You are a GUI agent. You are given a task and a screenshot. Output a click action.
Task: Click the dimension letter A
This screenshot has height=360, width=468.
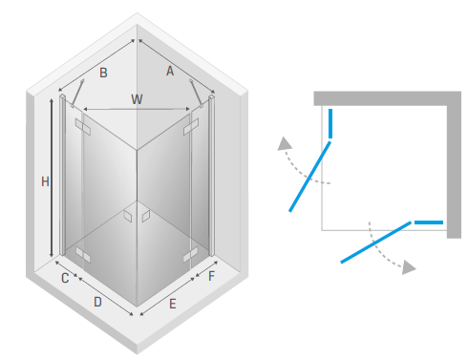pyautogui.click(x=170, y=71)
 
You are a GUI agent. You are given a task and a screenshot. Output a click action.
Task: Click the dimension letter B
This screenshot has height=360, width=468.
pyautogui.click(x=103, y=73)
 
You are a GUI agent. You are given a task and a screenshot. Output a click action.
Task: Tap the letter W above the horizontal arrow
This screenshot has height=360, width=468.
pyautogui.click(x=137, y=99)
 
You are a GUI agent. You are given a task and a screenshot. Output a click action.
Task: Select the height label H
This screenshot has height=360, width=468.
pyautogui.click(x=45, y=181)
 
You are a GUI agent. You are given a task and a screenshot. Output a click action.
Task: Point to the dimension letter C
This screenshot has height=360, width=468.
pyautogui.click(x=65, y=278)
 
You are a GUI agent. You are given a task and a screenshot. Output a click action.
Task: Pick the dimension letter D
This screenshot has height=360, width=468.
pyautogui.click(x=97, y=302)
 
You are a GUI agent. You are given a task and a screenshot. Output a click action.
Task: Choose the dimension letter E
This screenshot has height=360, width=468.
pyautogui.click(x=173, y=304)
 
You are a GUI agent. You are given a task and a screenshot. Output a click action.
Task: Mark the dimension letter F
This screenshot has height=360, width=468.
pyautogui.click(x=211, y=276)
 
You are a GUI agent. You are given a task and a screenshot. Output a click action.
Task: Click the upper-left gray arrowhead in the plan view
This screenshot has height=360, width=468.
pyautogui.click(x=284, y=144)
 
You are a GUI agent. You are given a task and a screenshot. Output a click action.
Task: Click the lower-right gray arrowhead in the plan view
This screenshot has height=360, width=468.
pyautogui.click(x=409, y=266)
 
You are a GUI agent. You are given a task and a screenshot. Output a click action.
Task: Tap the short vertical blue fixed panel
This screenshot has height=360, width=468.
pyautogui.click(x=330, y=123)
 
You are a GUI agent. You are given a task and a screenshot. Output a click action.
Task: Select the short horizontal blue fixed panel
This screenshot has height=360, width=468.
pyautogui.click(x=429, y=222)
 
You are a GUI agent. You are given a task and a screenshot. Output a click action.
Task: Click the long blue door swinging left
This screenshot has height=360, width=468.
pyautogui.click(x=309, y=177)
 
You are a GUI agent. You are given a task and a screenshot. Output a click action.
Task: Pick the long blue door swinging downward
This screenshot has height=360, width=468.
pyautogui.click(x=376, y=242)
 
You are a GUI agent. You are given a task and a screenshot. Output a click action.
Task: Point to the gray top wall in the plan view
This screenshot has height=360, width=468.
pyautogui.click(x=387, y=98)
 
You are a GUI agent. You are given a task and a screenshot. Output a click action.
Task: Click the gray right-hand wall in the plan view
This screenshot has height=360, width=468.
pyautogui.click(x=454, y=165)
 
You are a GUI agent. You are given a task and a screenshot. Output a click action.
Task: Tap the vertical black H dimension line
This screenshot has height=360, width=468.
pyautogui.click(x=52, y=178)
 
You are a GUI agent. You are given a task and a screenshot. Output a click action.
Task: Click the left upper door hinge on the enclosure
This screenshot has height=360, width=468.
pyautogui.click(x=83, y=127)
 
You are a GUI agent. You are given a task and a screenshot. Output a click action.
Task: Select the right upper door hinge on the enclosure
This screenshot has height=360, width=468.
pyautogui.click(x=191, y=127)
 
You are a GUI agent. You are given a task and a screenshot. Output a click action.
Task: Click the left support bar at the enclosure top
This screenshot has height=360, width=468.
pyautogui.click(x=77, y=93)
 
